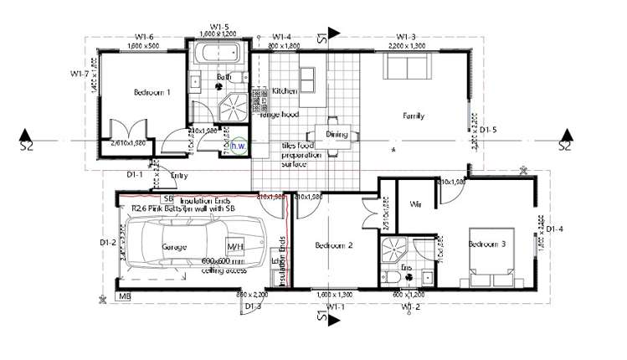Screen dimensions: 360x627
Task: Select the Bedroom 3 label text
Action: (x=487, y=244)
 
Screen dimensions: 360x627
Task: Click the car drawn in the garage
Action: (x=186, y=242)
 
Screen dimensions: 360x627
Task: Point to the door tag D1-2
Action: (x=106, y=244)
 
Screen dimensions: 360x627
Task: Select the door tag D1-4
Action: (x=554, y=229)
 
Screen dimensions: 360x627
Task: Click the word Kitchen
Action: (x=285, y=90)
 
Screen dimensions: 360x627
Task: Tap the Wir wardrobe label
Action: (x=415, y=204)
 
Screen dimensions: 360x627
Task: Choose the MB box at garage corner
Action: (x=125, y=296)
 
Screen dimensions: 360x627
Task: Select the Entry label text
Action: (x=179, y=176)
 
